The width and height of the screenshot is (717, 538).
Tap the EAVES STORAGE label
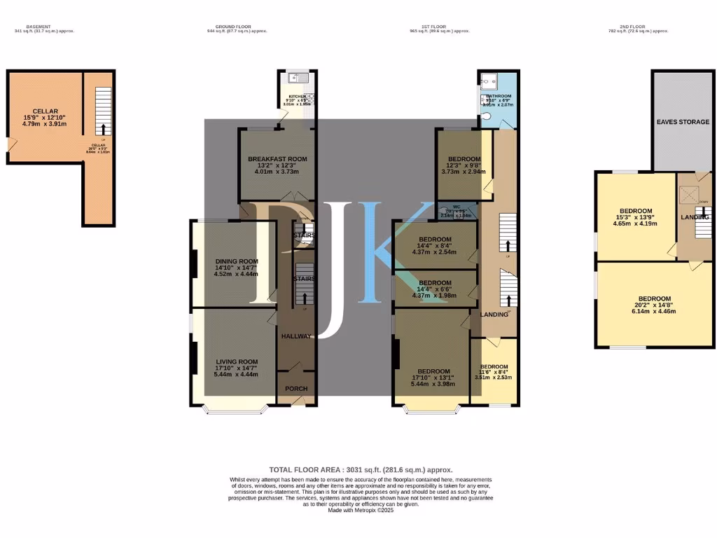(x=683, y=122)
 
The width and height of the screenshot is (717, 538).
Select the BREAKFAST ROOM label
(x=277, y=159)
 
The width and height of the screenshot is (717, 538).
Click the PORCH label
(x=295, y=389)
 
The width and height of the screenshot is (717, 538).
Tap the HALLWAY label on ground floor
(x=295, y=336)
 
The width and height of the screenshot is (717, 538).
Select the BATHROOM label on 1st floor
(x=499, y=96)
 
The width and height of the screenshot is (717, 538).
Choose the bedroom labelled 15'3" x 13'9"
(x=636, y=211)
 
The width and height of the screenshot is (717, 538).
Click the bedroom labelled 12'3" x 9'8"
(x=464, y=159)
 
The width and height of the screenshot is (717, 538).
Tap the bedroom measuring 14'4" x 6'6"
(x=436, y=283)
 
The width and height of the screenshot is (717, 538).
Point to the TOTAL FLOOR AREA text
(x=361, y=470)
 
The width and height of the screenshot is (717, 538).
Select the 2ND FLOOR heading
(x=639, y=27)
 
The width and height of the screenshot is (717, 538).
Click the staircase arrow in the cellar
(x=104, y=129)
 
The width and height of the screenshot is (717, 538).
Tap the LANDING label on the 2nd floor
(x=695, y=217)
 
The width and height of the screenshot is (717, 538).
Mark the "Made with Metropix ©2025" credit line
(x=361, y=511)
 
